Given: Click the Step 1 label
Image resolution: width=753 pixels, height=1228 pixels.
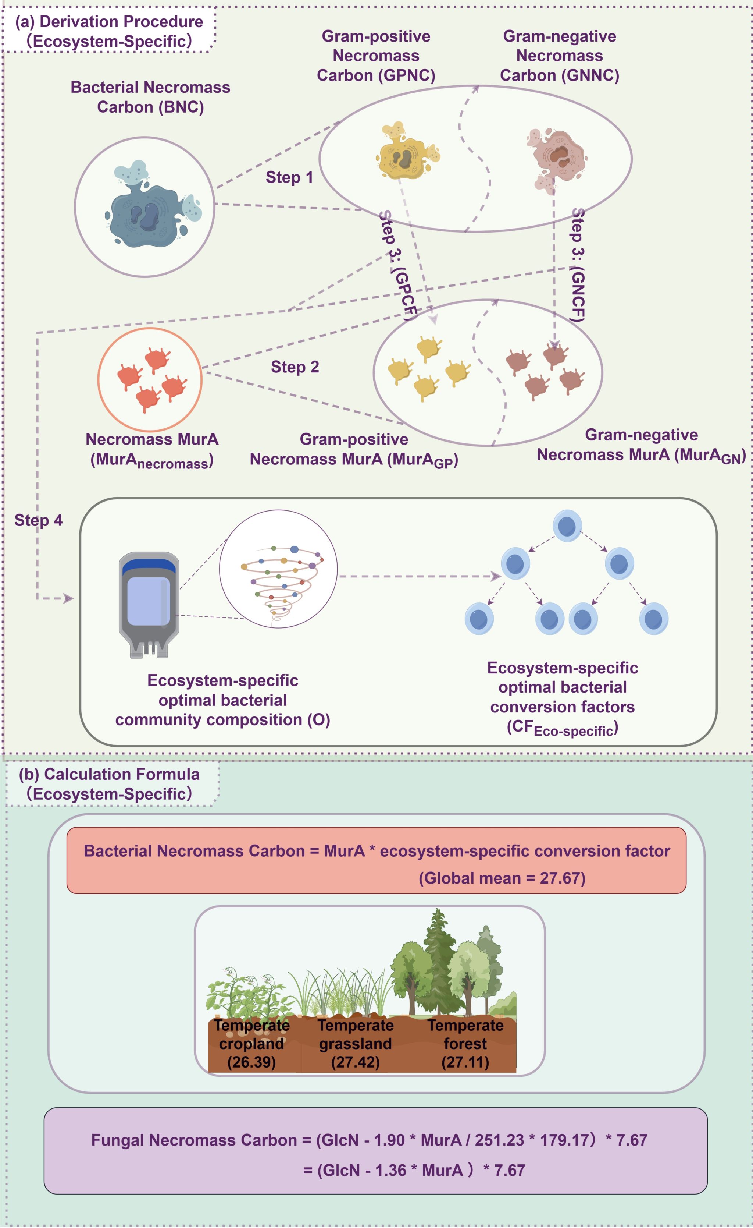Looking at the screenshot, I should tap(289, 177).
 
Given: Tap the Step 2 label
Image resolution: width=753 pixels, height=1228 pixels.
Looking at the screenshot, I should tap(295, 367).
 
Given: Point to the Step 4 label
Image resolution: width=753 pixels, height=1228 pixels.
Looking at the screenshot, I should tap(38, 520).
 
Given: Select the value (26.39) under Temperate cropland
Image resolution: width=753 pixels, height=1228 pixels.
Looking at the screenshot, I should tap(251, 1062).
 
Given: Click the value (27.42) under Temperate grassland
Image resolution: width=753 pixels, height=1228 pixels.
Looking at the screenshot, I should tap(355, 1062).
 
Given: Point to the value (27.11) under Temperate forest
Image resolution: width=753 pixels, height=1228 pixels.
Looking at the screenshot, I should tap(465, 1062).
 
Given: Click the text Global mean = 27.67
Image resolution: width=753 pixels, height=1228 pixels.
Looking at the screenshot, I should tap(502, 878).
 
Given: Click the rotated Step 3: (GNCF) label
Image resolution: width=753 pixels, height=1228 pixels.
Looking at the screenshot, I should tap(578, 264).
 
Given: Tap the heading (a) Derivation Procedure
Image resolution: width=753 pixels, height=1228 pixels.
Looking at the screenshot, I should tap(109, 22).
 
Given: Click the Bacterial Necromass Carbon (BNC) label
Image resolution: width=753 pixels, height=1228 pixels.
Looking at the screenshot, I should tap(150, 97).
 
